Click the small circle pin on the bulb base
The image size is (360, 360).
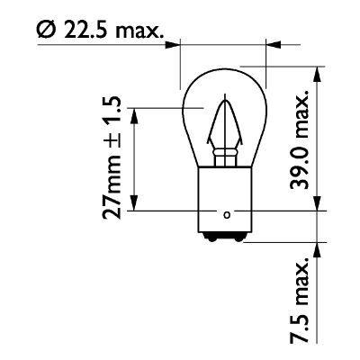226,214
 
